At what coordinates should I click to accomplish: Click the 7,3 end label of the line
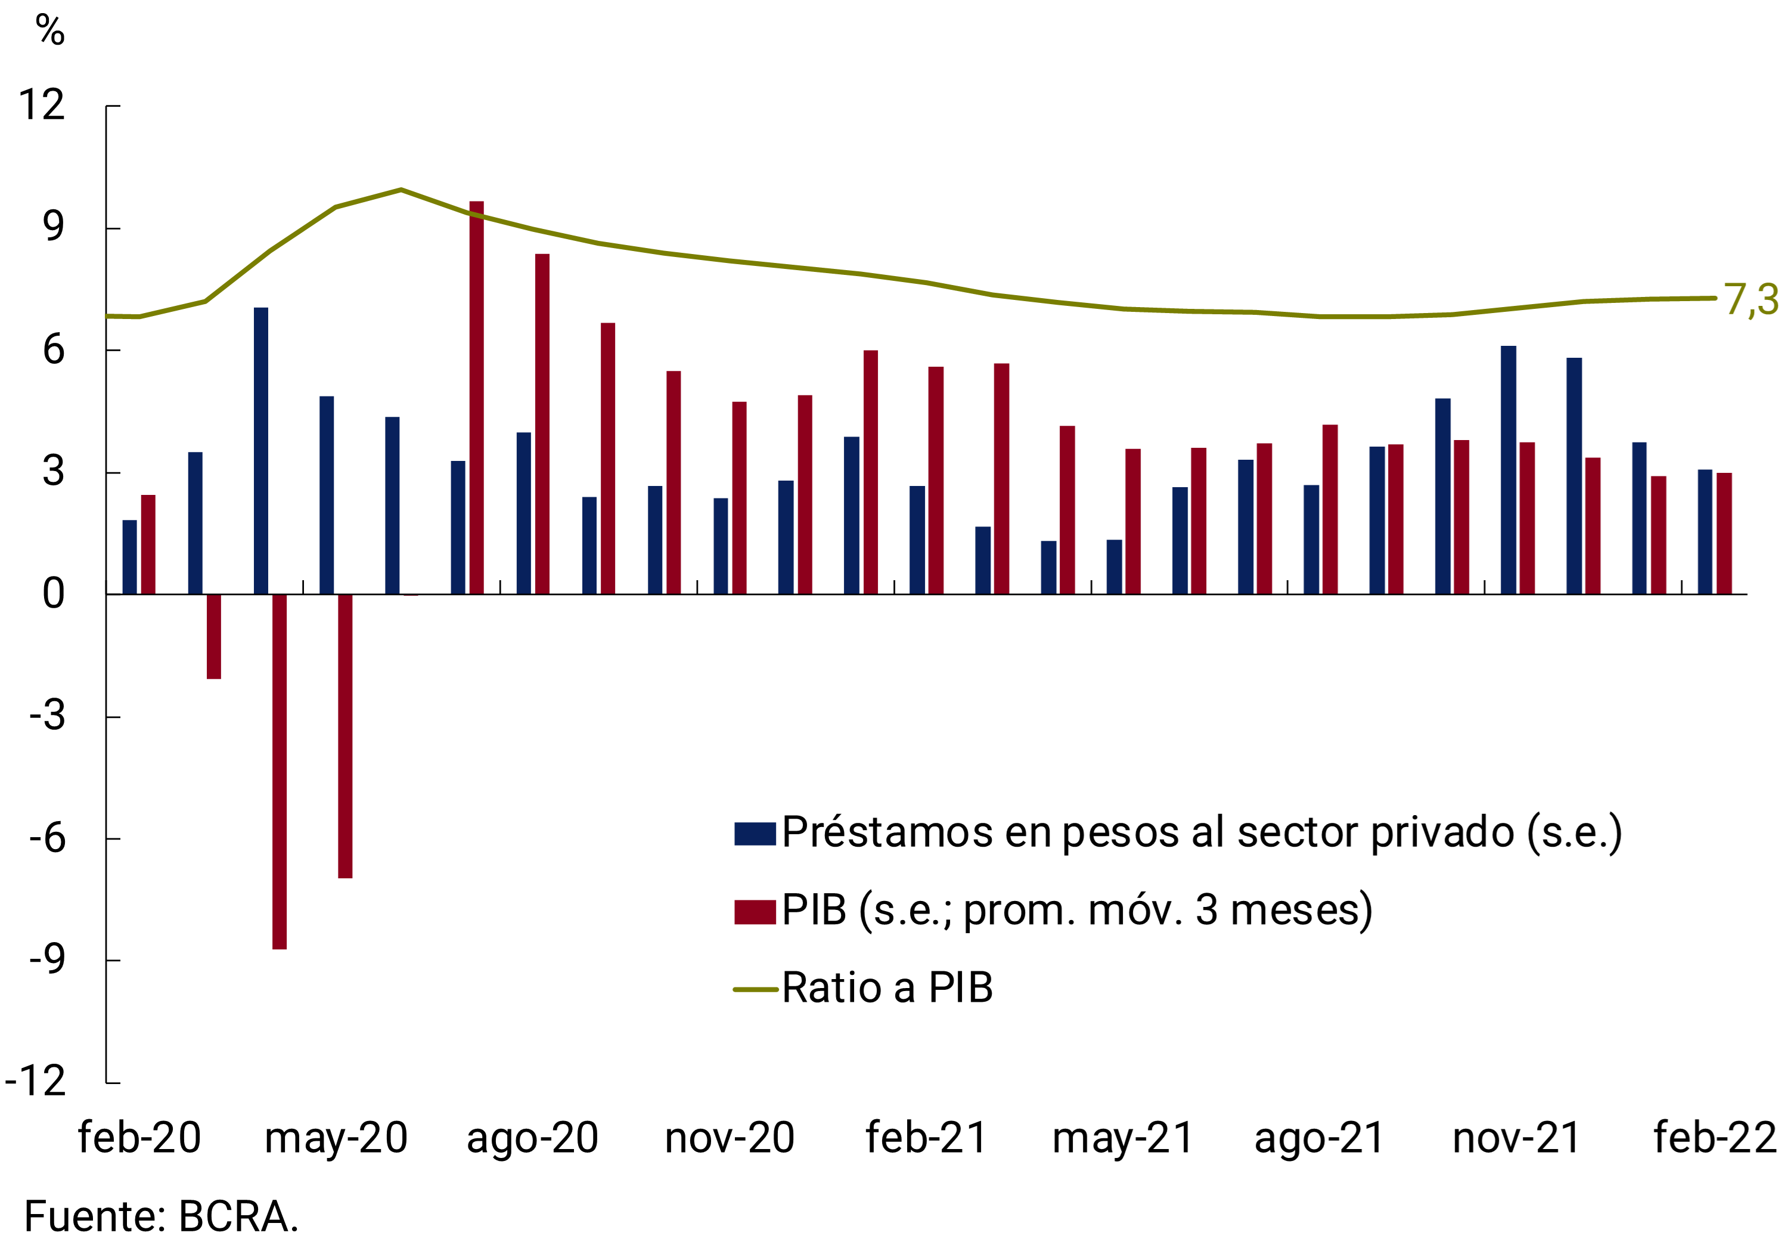coord(1750,300)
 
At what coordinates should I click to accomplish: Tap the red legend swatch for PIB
coord(755,911)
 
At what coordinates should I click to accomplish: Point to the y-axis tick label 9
coord(53,227)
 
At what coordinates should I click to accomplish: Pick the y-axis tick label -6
coord(46,838)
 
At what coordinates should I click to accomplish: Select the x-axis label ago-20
coord(533,1138)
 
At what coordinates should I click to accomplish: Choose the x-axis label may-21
coord(1122,1138)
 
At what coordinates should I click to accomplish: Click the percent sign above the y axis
coord(50,31)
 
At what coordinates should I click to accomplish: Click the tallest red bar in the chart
coord(477,397)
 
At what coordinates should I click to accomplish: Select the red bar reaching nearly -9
coord(280,771)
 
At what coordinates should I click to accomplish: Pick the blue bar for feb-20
coord(129,557)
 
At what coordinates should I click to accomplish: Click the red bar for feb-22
coord(1724,534)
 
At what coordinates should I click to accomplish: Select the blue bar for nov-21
coord(1508,470)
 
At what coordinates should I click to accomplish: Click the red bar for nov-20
coord(739,498)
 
